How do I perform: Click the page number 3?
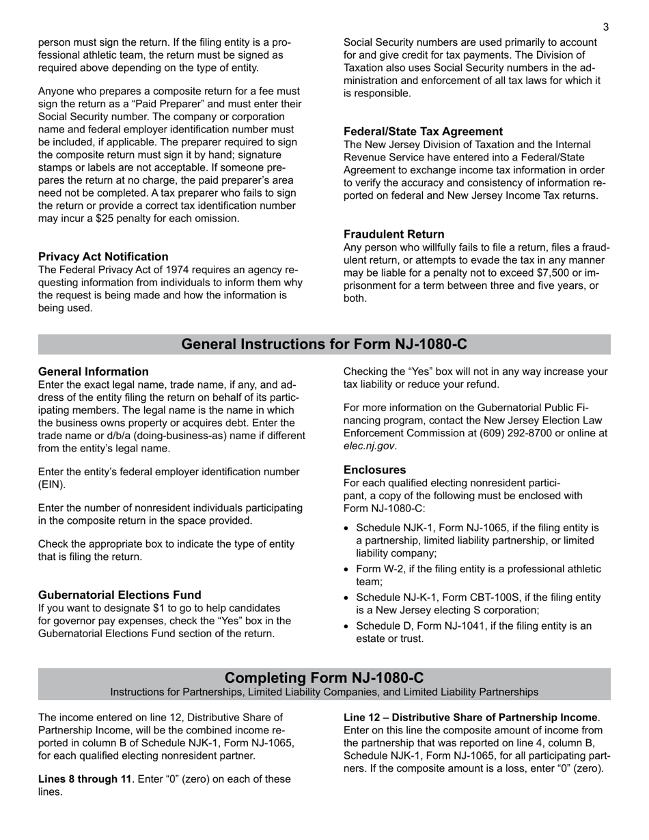pyautogui.click(x=605, y=27)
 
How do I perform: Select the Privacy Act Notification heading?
pyautogui.click(x=103, y=257)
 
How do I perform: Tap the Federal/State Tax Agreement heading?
pyautogui.click(x=423, y=131)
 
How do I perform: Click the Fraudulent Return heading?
pyautogui.click(x=393, y=234)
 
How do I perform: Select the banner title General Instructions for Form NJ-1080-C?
pyautogui.click(x=324, y=344)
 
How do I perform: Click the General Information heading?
pyautogui.click(x=93, y=372)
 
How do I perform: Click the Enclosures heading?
pyautogui.click(x=374, y=470)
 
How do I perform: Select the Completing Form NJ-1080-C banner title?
pyautogui.click(x=324, y=677)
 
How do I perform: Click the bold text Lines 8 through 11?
pyautogui.click(x=84, y=779)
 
